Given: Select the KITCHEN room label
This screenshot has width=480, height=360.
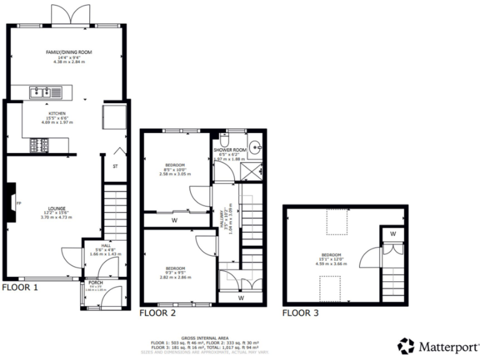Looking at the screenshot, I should coord(57,114).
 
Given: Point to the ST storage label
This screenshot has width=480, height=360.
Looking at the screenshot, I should coord(115,167).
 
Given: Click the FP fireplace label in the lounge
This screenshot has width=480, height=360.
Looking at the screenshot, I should coord(18,203).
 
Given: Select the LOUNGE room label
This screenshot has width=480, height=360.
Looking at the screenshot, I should coord(57,208).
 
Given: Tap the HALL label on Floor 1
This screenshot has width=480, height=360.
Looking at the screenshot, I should coord(96,246).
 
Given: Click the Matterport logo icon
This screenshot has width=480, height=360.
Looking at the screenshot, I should coord(406,346).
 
